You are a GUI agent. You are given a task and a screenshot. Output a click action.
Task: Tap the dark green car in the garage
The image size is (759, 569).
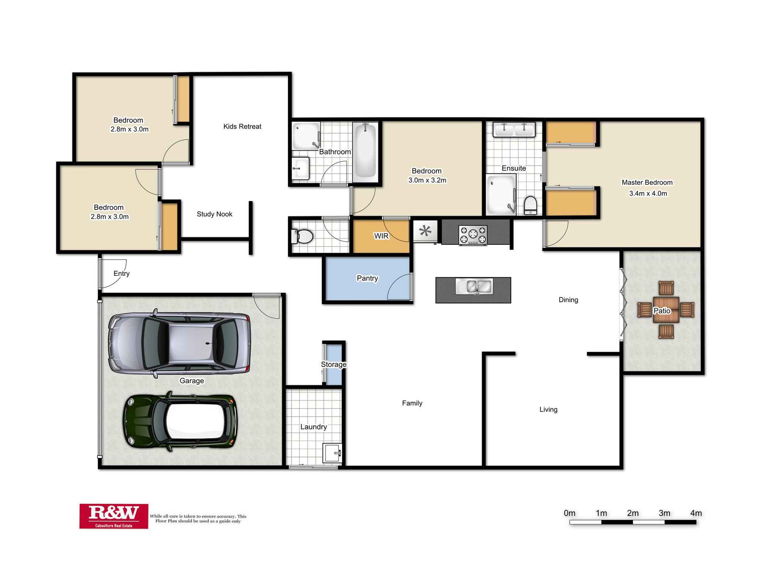coord(180,422)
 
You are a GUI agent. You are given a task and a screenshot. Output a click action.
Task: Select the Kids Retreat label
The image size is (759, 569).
coord(242,126)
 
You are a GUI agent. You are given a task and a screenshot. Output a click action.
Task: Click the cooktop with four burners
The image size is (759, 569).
coord(473,234)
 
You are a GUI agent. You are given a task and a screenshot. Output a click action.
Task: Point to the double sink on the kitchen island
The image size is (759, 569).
coord(474,286)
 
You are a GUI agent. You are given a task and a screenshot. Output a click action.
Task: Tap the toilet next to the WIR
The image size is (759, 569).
coord(302,236)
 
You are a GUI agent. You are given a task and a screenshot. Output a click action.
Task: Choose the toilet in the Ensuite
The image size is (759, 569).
coord(530,205)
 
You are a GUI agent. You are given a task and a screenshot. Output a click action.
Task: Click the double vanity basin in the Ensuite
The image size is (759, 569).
coord(514,129)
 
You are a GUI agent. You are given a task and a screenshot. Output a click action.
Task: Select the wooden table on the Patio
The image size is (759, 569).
coord(666,310)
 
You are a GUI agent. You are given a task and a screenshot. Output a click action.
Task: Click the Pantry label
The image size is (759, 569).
coord(367,278)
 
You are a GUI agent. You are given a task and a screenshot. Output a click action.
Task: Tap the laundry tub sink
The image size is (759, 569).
coord(332,453)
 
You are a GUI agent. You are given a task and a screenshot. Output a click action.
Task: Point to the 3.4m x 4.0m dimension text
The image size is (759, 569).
coord(648,193)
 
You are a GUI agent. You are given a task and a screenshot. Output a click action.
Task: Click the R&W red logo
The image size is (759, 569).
coord(113,516)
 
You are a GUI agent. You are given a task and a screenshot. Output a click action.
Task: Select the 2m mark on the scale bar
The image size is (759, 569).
coord(633,513)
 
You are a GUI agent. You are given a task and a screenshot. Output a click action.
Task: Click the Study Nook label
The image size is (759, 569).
coord(214,214)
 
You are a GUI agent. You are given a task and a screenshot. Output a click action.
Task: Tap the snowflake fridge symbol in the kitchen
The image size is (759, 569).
coord(425,231)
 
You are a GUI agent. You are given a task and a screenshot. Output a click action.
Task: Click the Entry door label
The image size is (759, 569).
coord(121,273)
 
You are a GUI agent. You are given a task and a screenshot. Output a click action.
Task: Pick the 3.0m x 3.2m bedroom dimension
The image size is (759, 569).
coord(427,180)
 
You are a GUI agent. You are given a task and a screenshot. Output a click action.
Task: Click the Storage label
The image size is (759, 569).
coord(334,364)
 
